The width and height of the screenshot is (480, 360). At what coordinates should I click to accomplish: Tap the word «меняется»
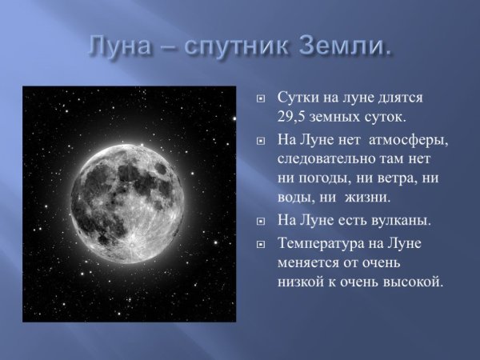point(307,262)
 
